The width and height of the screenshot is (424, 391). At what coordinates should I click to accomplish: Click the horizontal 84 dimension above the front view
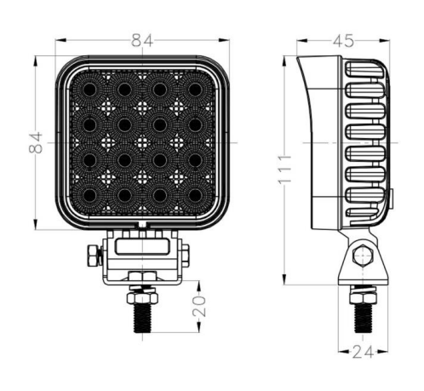tap(142, 41)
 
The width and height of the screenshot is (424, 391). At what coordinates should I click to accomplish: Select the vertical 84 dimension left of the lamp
tap(36, 142)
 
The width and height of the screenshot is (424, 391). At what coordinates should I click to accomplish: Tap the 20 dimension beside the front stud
tap(199, 306)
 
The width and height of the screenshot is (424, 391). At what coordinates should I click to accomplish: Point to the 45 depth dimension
tap(343, 41)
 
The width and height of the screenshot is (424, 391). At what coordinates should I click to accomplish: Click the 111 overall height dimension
tap(284, 170)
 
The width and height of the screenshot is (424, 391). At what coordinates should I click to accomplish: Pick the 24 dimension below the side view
tap(363, 353)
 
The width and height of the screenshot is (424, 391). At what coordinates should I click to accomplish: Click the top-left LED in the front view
tap(89, 89)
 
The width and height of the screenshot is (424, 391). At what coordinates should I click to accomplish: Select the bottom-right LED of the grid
tap(195, 195)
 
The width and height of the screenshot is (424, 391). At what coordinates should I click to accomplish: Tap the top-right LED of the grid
tap(195, 89)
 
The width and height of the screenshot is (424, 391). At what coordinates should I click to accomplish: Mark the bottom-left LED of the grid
tap(89, 195)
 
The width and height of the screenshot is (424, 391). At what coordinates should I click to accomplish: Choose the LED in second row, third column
tap(160, 124)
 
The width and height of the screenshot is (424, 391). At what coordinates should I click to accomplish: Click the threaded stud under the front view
tap(142, 318)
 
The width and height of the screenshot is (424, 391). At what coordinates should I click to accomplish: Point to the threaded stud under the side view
tap(363, 319)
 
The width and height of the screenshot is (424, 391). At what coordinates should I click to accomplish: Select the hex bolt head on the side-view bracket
tap(363, 256)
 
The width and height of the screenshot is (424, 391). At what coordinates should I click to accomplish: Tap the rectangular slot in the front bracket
tap(142, 246)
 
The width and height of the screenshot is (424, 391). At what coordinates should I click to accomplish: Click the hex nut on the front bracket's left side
tap(93, 256)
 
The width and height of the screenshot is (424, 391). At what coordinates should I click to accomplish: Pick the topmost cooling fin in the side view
tap(364, 69)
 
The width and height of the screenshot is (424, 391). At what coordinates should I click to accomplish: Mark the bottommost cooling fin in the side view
tap(364, 216)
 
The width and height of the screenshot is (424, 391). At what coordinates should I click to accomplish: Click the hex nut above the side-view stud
tap(363, 298)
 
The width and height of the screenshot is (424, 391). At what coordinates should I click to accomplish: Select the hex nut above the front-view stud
tap(142, 297)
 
